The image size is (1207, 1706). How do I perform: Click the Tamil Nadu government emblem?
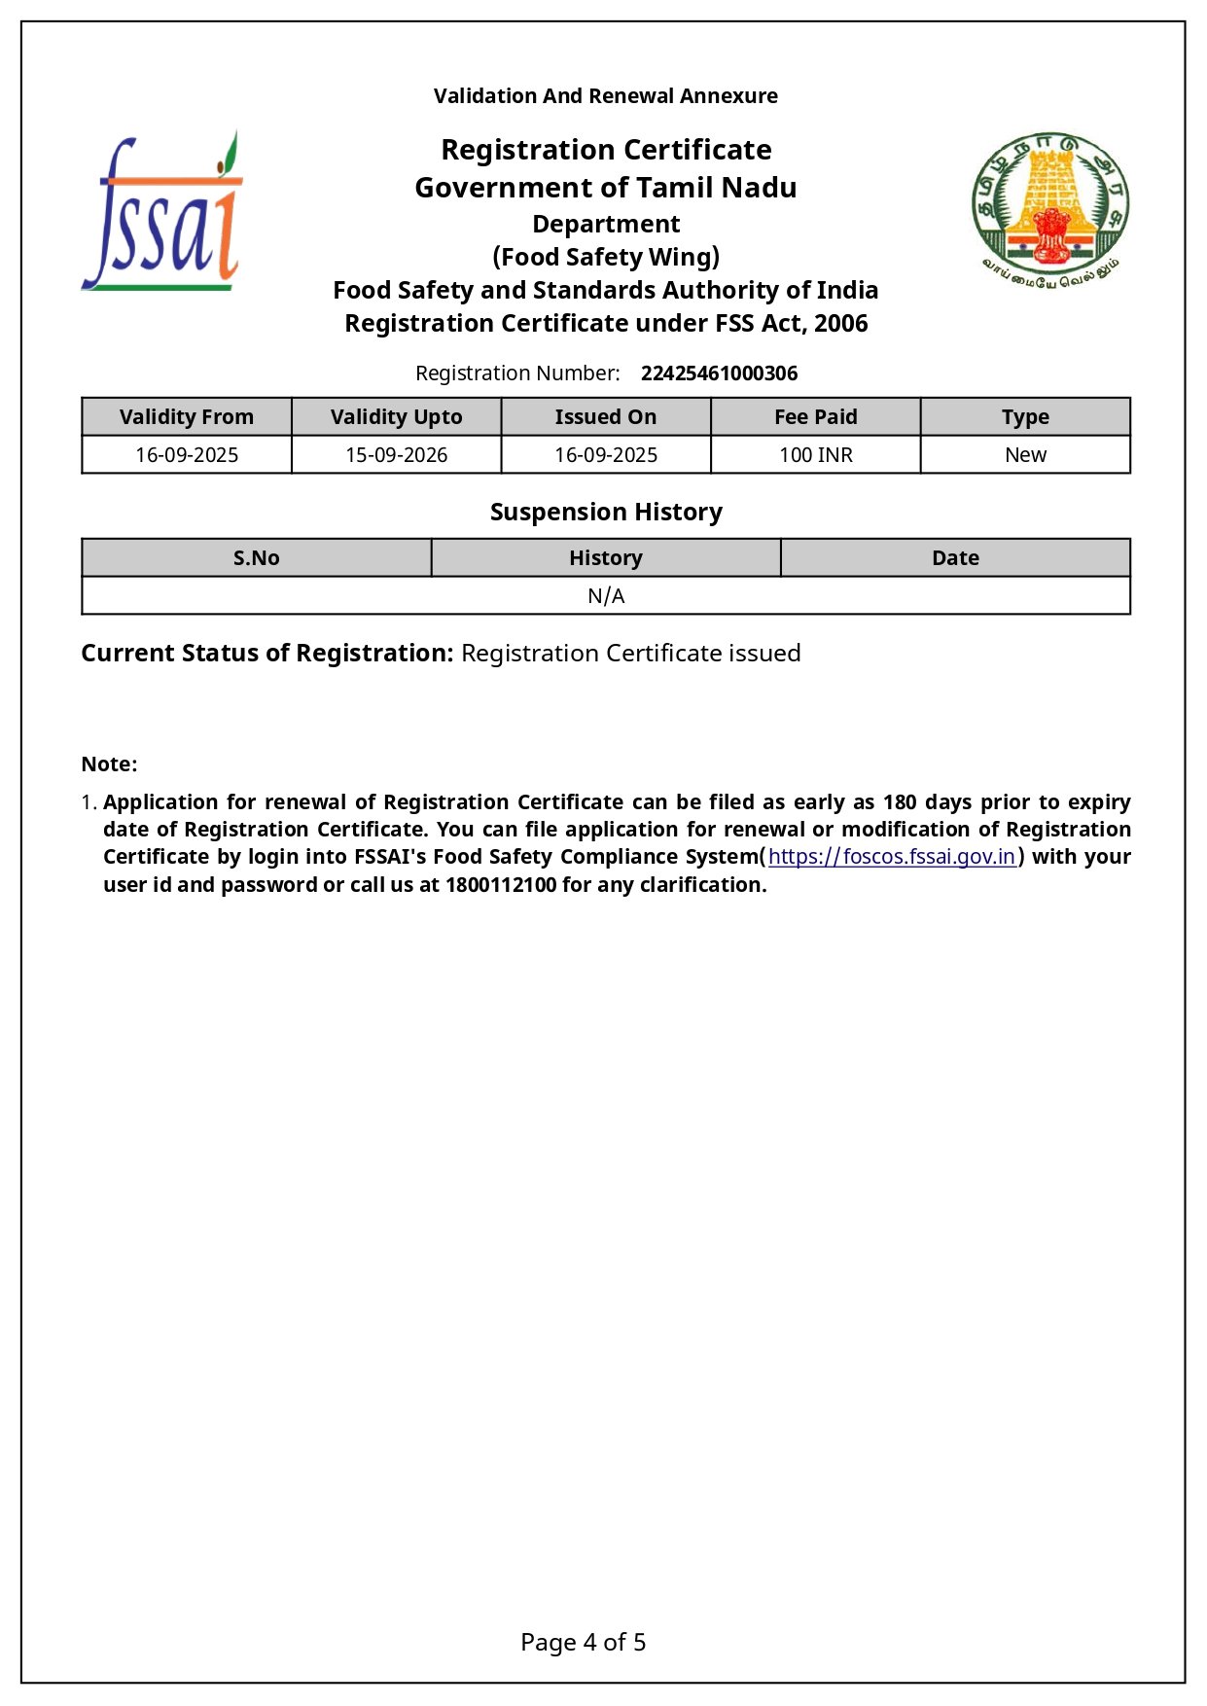(x=1049, y=210)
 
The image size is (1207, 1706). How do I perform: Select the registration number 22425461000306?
(x=719, y=373)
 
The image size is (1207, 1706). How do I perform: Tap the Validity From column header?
(x=187, y=417)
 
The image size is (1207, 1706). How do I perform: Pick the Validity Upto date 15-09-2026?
(x=396, y=455)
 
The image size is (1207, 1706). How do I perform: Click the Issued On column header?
(x=605, y=417)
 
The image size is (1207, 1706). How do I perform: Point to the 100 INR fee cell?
(x=815, y=455)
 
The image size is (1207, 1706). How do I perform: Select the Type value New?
(x=1025, y=455)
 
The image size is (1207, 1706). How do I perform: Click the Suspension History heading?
(x=606, y=513)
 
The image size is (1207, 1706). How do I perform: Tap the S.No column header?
(x=257, y=558)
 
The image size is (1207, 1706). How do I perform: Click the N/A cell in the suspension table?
(x=606, y=596)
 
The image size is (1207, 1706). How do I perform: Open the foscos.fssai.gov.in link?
(x=891, y=857)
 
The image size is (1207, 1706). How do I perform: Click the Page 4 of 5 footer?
(x=584, y=1643)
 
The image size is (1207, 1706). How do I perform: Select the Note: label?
(x=109, y=764)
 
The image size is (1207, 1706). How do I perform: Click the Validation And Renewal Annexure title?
(x=605, y=96)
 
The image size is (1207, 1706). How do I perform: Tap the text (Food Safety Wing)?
(x=606, y=257)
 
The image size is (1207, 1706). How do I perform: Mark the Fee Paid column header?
(x=815, y=417)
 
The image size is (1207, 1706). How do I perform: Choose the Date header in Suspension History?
(x=955, y=558)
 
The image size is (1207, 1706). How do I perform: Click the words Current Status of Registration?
(x=266, y=654)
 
